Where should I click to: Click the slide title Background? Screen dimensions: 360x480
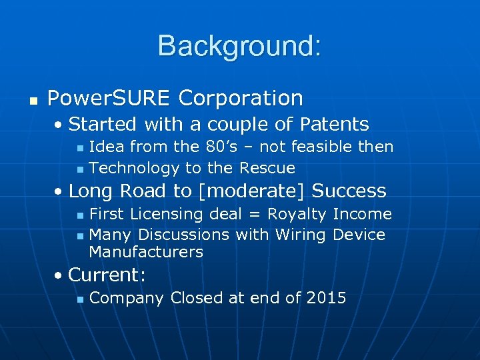tap(239, 46)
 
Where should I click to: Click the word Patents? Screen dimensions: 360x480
tap(335, 125)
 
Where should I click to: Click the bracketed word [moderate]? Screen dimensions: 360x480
tap(251, 191)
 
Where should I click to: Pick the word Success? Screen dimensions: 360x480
tap(349, 191)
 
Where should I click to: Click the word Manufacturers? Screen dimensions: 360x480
tap(146, 252)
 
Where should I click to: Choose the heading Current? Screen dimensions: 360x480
tap(107, 275)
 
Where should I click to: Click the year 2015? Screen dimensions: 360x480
tap(326, 298)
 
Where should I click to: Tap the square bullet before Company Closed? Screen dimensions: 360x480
tap(79, 299)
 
